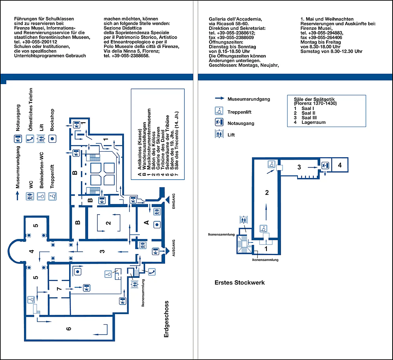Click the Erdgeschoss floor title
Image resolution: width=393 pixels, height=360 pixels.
point(166,319)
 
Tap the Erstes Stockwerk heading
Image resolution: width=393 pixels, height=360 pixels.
point(240,283)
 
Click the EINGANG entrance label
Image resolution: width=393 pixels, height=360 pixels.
point(173,201)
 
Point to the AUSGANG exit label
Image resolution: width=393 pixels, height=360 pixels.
point(173,248)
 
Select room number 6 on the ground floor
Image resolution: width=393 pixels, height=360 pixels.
point(69,329)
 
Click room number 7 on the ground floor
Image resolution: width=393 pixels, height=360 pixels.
point(59,289)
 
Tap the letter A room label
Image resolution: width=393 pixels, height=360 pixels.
point(146,222)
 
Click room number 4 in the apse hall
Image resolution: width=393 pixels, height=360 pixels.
point(31,251)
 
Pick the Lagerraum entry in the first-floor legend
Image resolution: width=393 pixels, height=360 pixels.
point(314,122)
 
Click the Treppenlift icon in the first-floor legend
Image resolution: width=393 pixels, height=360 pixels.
point(219,111)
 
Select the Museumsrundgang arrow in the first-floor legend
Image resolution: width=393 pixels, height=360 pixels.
point(220,98)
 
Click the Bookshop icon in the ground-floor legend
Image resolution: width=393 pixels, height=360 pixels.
point(52,139)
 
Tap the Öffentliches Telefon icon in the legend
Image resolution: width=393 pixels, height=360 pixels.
point(30,139)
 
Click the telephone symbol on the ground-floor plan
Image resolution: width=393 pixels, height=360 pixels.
point(152,272)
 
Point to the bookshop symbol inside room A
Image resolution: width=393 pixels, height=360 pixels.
point(157,225)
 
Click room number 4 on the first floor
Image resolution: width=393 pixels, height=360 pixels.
point(340,165)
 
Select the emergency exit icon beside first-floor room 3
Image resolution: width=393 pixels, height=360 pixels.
point(325,165)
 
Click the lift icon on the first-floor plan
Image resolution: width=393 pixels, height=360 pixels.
point(244,220)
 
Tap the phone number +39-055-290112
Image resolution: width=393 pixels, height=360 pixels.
point(36,42)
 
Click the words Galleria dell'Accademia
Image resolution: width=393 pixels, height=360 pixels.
point(235,19)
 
